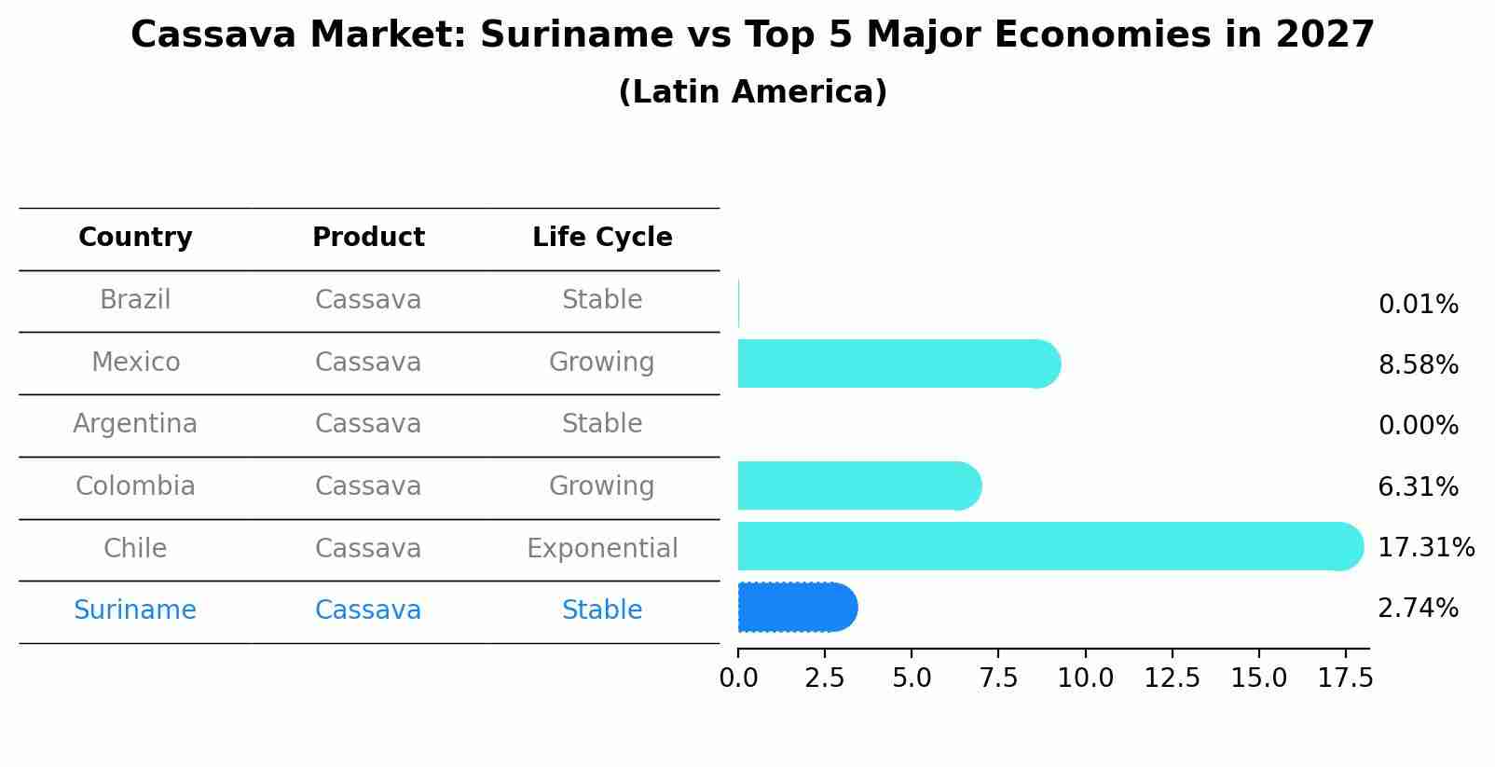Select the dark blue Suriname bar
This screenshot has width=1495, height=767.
pyautogui.click(x=797, y=608)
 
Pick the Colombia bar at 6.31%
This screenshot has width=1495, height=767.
pyautogui.click(x=858, y=486)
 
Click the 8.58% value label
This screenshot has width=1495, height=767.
pyautogui.click(x=1418, y=364)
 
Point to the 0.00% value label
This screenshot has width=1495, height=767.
pyautogui.click(x=1418, y=426)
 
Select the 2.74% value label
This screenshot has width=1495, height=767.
pyautogui.click(x=1418, y=609)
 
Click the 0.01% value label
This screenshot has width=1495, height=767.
pyautogui.click(x=1418, y=305)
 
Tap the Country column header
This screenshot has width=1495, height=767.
pyautogui.click(x=135, y=238)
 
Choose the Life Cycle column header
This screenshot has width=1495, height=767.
pyautogui.click(x=602, y=238)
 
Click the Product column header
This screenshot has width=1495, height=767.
pyautogui.click(x=368, y=238)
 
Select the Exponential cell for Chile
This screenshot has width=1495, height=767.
pyautogui.click(x=602, y=548)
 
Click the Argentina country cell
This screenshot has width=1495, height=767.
pyautogui.click(x=135, y=424)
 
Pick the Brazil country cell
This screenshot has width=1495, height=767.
pyautogui.click(x=135, y=300)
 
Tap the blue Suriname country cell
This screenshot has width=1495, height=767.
pyautogui.click(x=135, y=610)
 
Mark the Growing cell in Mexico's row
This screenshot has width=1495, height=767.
pyautogui.click(x=602, y=362)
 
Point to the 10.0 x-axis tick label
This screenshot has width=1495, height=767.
pyautogui.click(x=1085, y=678)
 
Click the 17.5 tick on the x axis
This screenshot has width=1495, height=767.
pyautogui.click(x=1345, y=678)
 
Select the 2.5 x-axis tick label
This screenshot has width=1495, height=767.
pyautogui.click(x=825, y=678)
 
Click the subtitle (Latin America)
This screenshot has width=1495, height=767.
pyautogui.click(x=752, y=92)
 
